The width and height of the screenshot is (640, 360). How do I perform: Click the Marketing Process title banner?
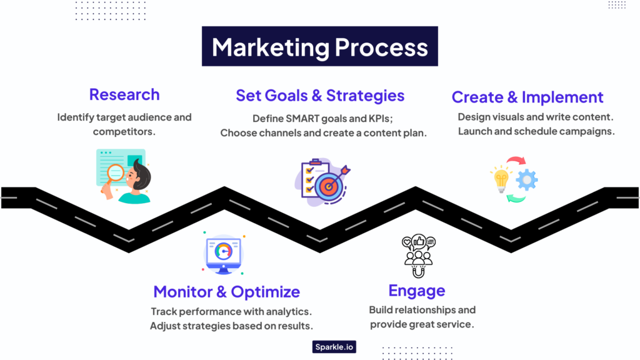coord(319,47)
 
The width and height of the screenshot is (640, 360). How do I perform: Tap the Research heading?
coord(124,94)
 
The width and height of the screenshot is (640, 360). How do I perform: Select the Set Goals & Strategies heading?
coord(320,96)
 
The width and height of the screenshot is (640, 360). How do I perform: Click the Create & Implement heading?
coord(527,97)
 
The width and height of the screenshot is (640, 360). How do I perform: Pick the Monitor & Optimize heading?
coord(226,292)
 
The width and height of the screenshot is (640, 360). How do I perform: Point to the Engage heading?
coord(416,291)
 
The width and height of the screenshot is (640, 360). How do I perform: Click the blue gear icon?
coord(527,180)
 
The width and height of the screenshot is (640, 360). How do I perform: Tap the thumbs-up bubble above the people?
coord(418,240)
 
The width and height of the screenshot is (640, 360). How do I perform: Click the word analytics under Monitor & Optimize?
coord(285,311)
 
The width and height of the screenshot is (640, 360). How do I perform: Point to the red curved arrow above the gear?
coord(516,162)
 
